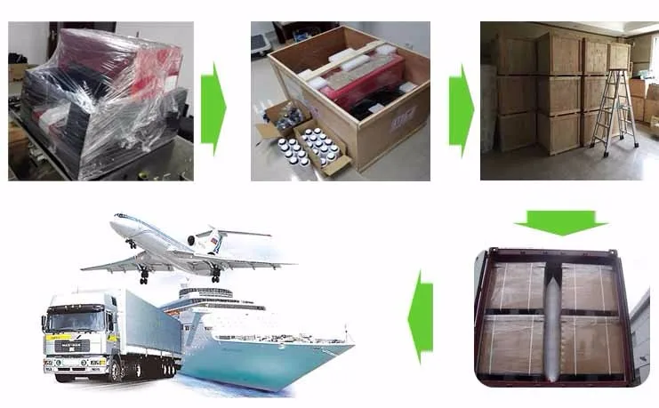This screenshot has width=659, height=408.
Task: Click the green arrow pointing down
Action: (560, 222)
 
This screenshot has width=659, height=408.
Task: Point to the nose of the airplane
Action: (115, 222)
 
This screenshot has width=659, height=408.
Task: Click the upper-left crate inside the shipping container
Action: (516, 284)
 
